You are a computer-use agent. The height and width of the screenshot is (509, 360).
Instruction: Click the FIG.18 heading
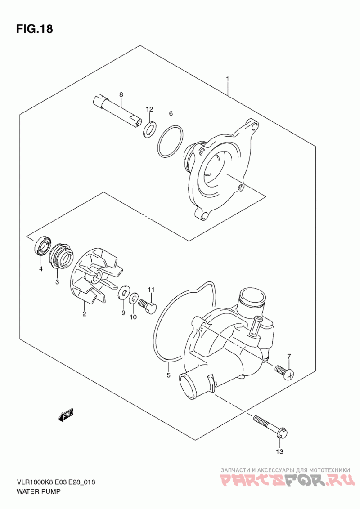pos(34,29)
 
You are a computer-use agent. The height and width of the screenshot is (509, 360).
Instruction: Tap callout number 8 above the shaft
pos(121,94)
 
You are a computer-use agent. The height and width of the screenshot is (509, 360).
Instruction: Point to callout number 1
pos(228,79)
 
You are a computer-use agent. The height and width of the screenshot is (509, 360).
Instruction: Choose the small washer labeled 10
pos(134,298)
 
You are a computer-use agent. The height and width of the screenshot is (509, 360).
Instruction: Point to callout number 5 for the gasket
pos(169,375)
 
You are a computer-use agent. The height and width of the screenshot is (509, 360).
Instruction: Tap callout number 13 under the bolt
pos(279,451)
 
